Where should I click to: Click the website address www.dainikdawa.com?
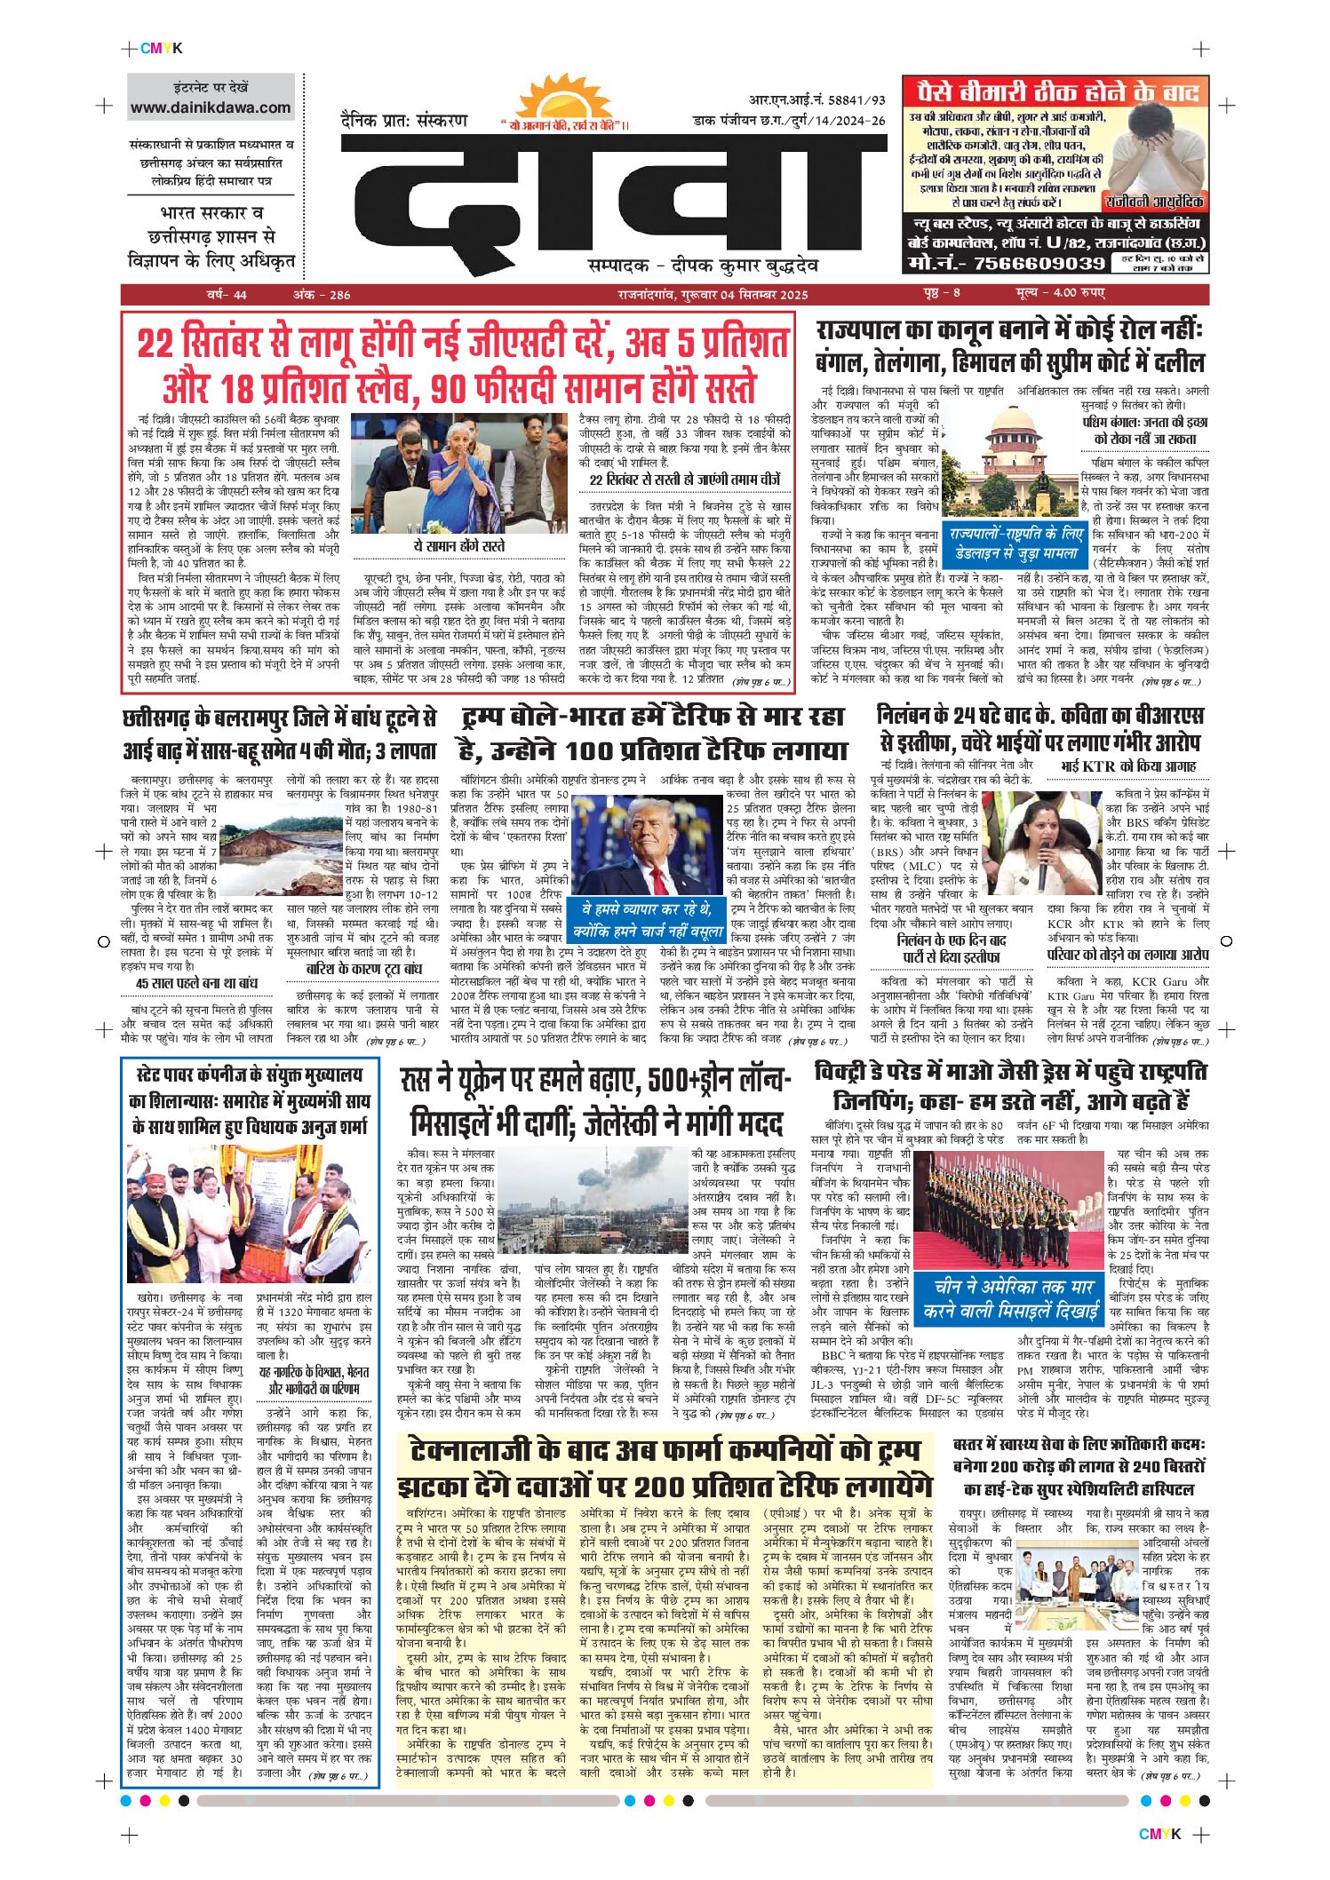[x=211, y=108]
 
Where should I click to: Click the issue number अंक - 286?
[x=322, y=295]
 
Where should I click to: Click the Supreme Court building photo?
[x=1013, y=462]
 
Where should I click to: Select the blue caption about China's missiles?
[x=1009, y=1298]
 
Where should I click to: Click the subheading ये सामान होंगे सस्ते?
[x=459, y=546]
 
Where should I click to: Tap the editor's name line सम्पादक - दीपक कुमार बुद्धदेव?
[x=702, y=266]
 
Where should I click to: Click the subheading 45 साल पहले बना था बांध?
[x=196, y=983]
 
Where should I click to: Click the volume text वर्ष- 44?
[x=227, y=295]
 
